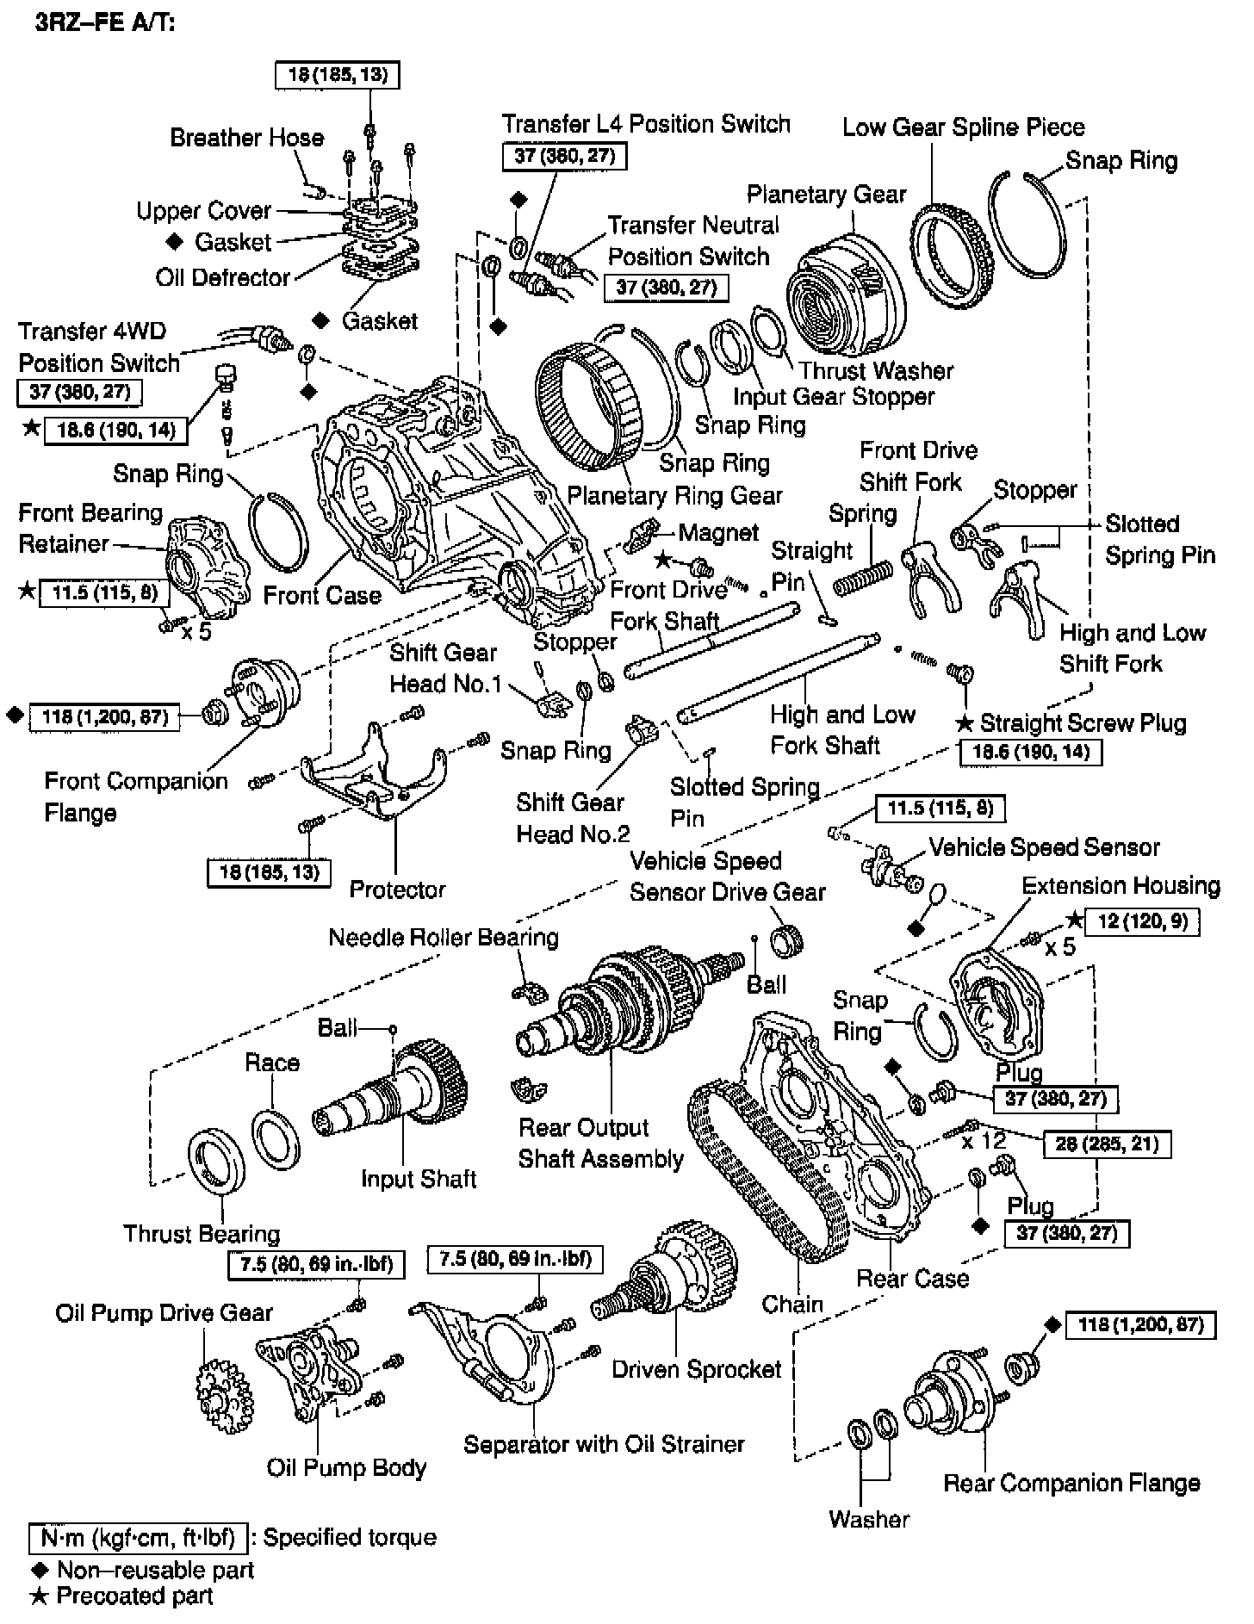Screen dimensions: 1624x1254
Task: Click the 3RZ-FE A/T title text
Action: [x=105, y=23]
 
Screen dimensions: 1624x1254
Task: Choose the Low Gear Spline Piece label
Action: [x=963, y=127]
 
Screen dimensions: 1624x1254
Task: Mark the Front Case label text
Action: [x=321, y=595]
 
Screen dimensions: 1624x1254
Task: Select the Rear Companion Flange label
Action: [x=1071, y=1483]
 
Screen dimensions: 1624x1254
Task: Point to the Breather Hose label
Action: [x=246, y=138]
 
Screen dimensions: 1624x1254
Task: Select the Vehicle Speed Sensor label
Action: [x=1044, y=847]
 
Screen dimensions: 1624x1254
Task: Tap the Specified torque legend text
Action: [x=350, y=1537]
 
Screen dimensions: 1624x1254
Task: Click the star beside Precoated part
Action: [x=38, y=1596]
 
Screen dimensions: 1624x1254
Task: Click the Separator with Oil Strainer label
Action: [x=604, y=1444]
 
